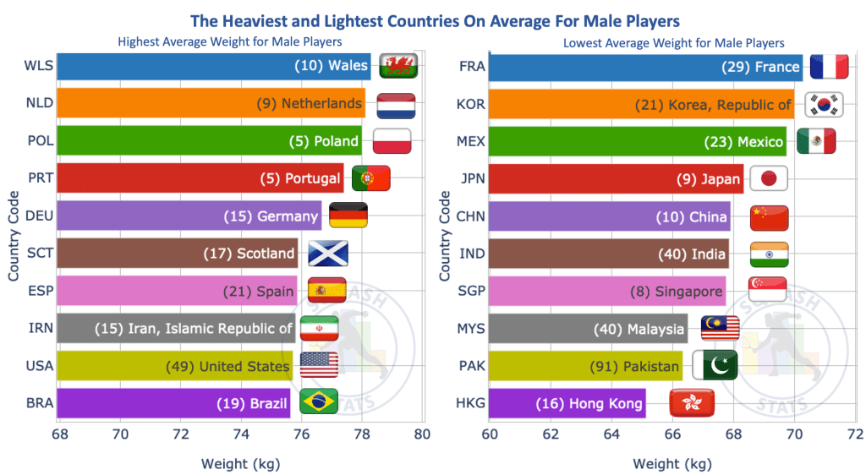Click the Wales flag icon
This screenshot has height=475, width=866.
[x=394, y=65]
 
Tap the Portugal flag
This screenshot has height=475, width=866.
[x=370, y=178]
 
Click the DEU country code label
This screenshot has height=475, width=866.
[x=40, y=216]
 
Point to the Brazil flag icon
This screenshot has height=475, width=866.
[x=319, y=402]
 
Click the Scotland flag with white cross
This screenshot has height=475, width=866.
[x=327, y=254]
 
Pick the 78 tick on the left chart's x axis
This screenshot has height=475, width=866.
[x=362, y=435]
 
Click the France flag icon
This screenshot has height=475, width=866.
[x=829, y=66]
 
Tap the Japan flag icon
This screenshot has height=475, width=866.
[x=769, y=178]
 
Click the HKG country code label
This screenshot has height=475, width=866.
[x=471, y=403]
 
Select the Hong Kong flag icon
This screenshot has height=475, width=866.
[x=689, y=402]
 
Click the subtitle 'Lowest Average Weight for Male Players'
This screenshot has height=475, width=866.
[x=673, y=42]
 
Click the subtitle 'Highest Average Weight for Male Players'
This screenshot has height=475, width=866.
[x=230, y=41]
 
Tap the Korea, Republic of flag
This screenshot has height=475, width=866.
[x=822, y=104]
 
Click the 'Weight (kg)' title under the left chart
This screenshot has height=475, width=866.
[x=240, y=463]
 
